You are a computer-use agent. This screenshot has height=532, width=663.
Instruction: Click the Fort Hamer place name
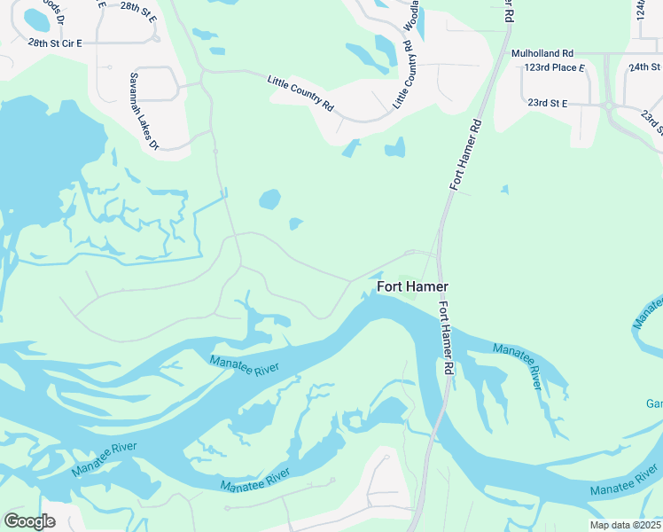[413, 286]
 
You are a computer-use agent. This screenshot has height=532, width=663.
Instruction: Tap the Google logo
[29, 521]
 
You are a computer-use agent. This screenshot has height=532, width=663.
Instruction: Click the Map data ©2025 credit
[625, 525]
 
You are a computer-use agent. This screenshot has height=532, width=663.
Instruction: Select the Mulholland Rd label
[542, 53]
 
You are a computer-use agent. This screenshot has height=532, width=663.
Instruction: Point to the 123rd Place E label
[555, 67]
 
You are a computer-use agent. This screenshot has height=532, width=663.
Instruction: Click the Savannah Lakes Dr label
[144, 111]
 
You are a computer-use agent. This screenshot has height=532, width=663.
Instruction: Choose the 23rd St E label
[547, 103]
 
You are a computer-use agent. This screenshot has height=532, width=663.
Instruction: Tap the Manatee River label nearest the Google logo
[105, 457]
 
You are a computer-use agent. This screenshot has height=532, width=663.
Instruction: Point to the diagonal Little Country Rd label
[301, 93]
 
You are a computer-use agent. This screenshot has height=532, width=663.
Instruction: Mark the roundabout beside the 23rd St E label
[611, 106]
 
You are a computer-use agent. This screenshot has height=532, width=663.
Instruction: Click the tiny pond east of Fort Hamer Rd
[504, 189]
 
